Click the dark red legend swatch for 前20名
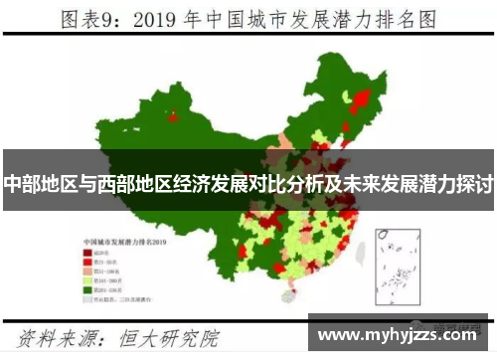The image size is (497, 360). [x=86, y=254]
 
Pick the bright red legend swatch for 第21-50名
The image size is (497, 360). [x=86, y=263]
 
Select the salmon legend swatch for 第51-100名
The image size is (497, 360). [x=86, y=271]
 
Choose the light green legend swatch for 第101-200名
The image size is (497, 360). [x=86, y=280]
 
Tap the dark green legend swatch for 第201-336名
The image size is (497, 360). [x=86, y=289]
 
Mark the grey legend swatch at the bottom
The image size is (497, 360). [x=86, y=298]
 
